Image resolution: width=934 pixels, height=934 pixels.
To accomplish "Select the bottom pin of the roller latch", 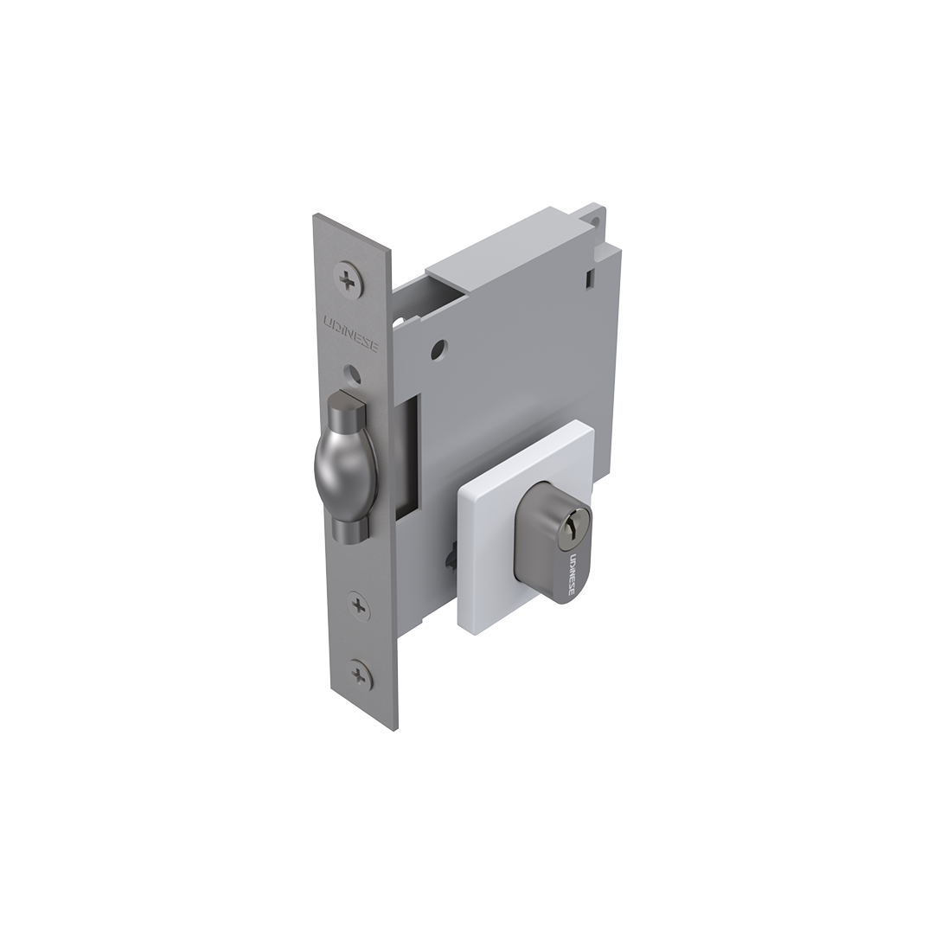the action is click(x=349, y=529).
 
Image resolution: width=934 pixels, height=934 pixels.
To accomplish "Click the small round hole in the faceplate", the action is click(x=355, y=374).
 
